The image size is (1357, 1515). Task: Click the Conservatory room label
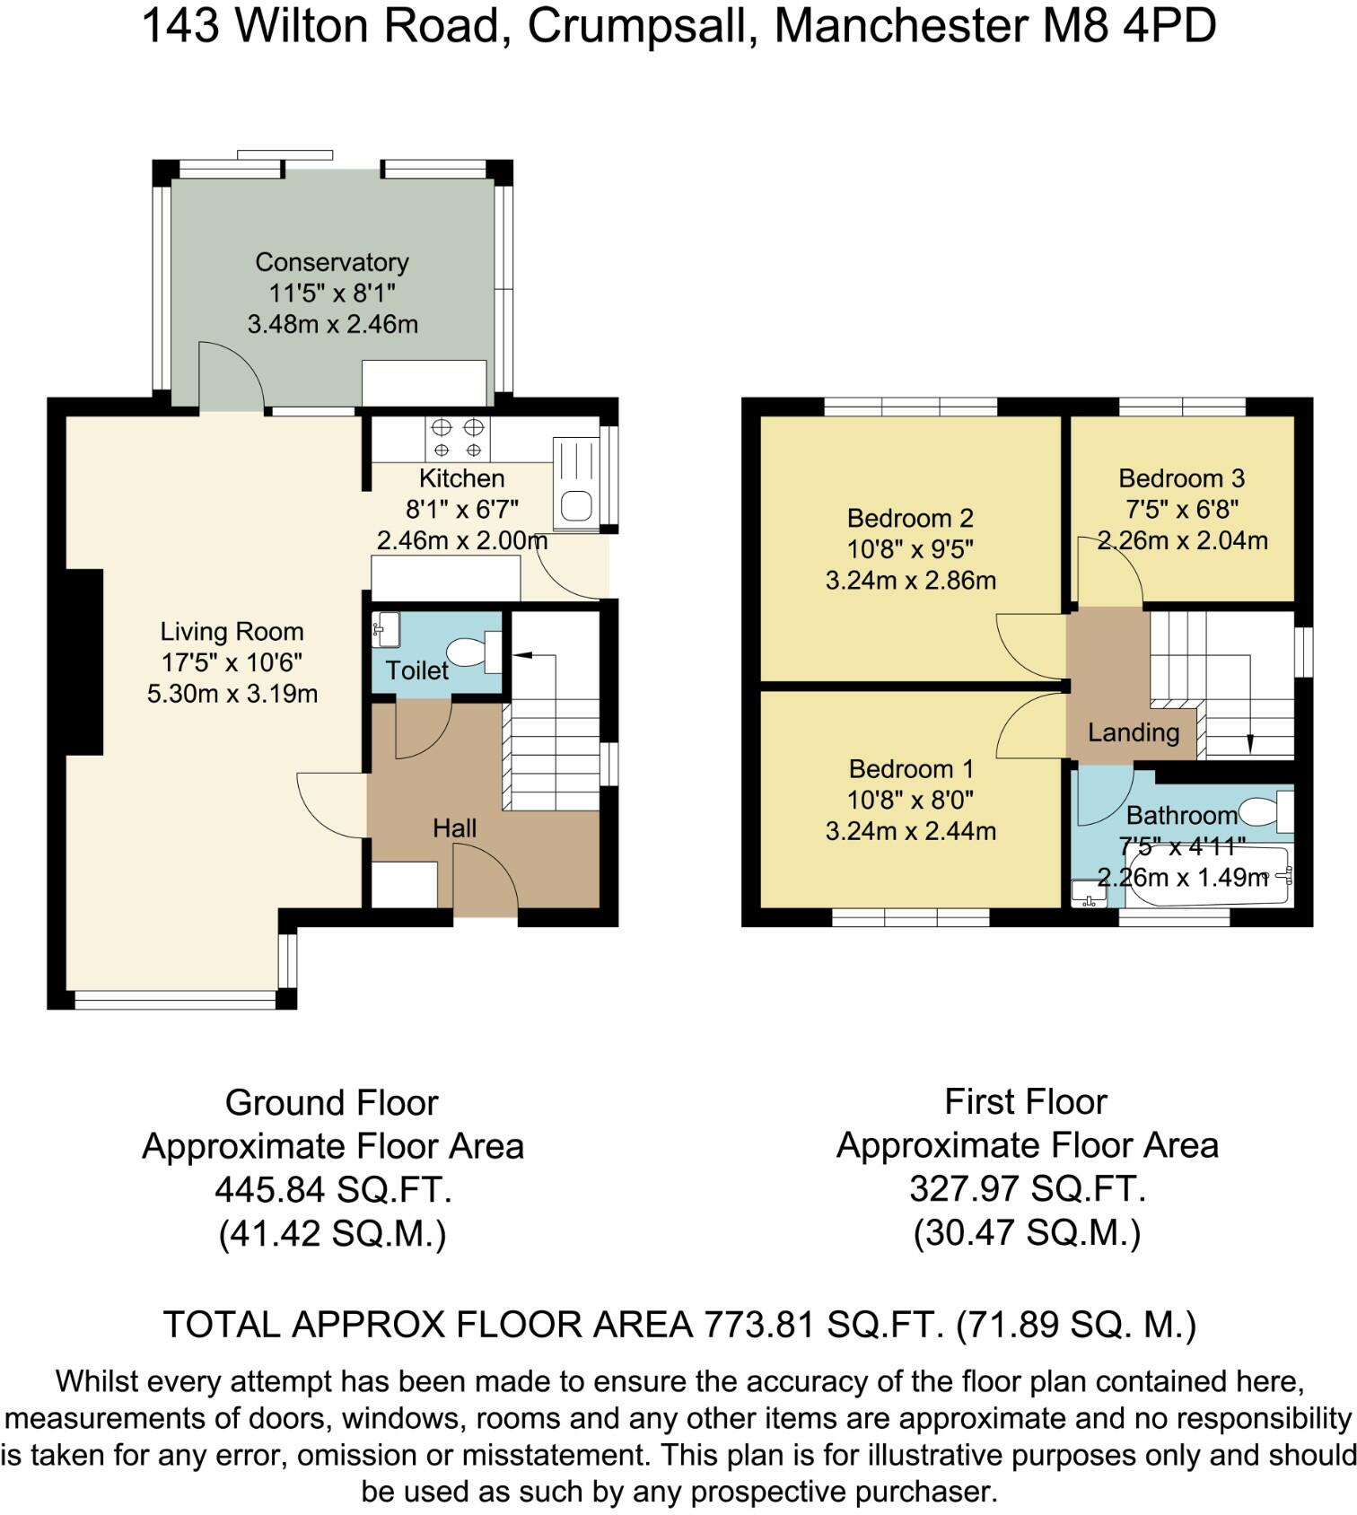(x=332, y=262)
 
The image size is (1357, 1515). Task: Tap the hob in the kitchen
(x=458, y=439)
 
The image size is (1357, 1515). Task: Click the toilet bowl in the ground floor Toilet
(x=468, y=652)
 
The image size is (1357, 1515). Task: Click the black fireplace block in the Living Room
(x=83, y=661)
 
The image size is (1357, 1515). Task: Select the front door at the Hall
(x=485, y=884)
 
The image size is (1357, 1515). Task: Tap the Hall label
(x=454, y=828)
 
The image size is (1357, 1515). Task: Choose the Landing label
(x=1133, y=732)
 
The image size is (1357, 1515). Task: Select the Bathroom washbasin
(x=1089, y=893)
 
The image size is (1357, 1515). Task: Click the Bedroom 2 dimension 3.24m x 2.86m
(x=910, y=580)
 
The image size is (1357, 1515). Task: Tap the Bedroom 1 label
(x=910, y=768)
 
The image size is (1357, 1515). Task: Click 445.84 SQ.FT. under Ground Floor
(x=332, y=1190)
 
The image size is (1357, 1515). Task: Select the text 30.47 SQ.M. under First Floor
(x=1026, y=1232)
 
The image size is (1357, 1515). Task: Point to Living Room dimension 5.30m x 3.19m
(x=232, y=694)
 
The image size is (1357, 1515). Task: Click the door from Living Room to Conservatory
(x=231, y=377)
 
